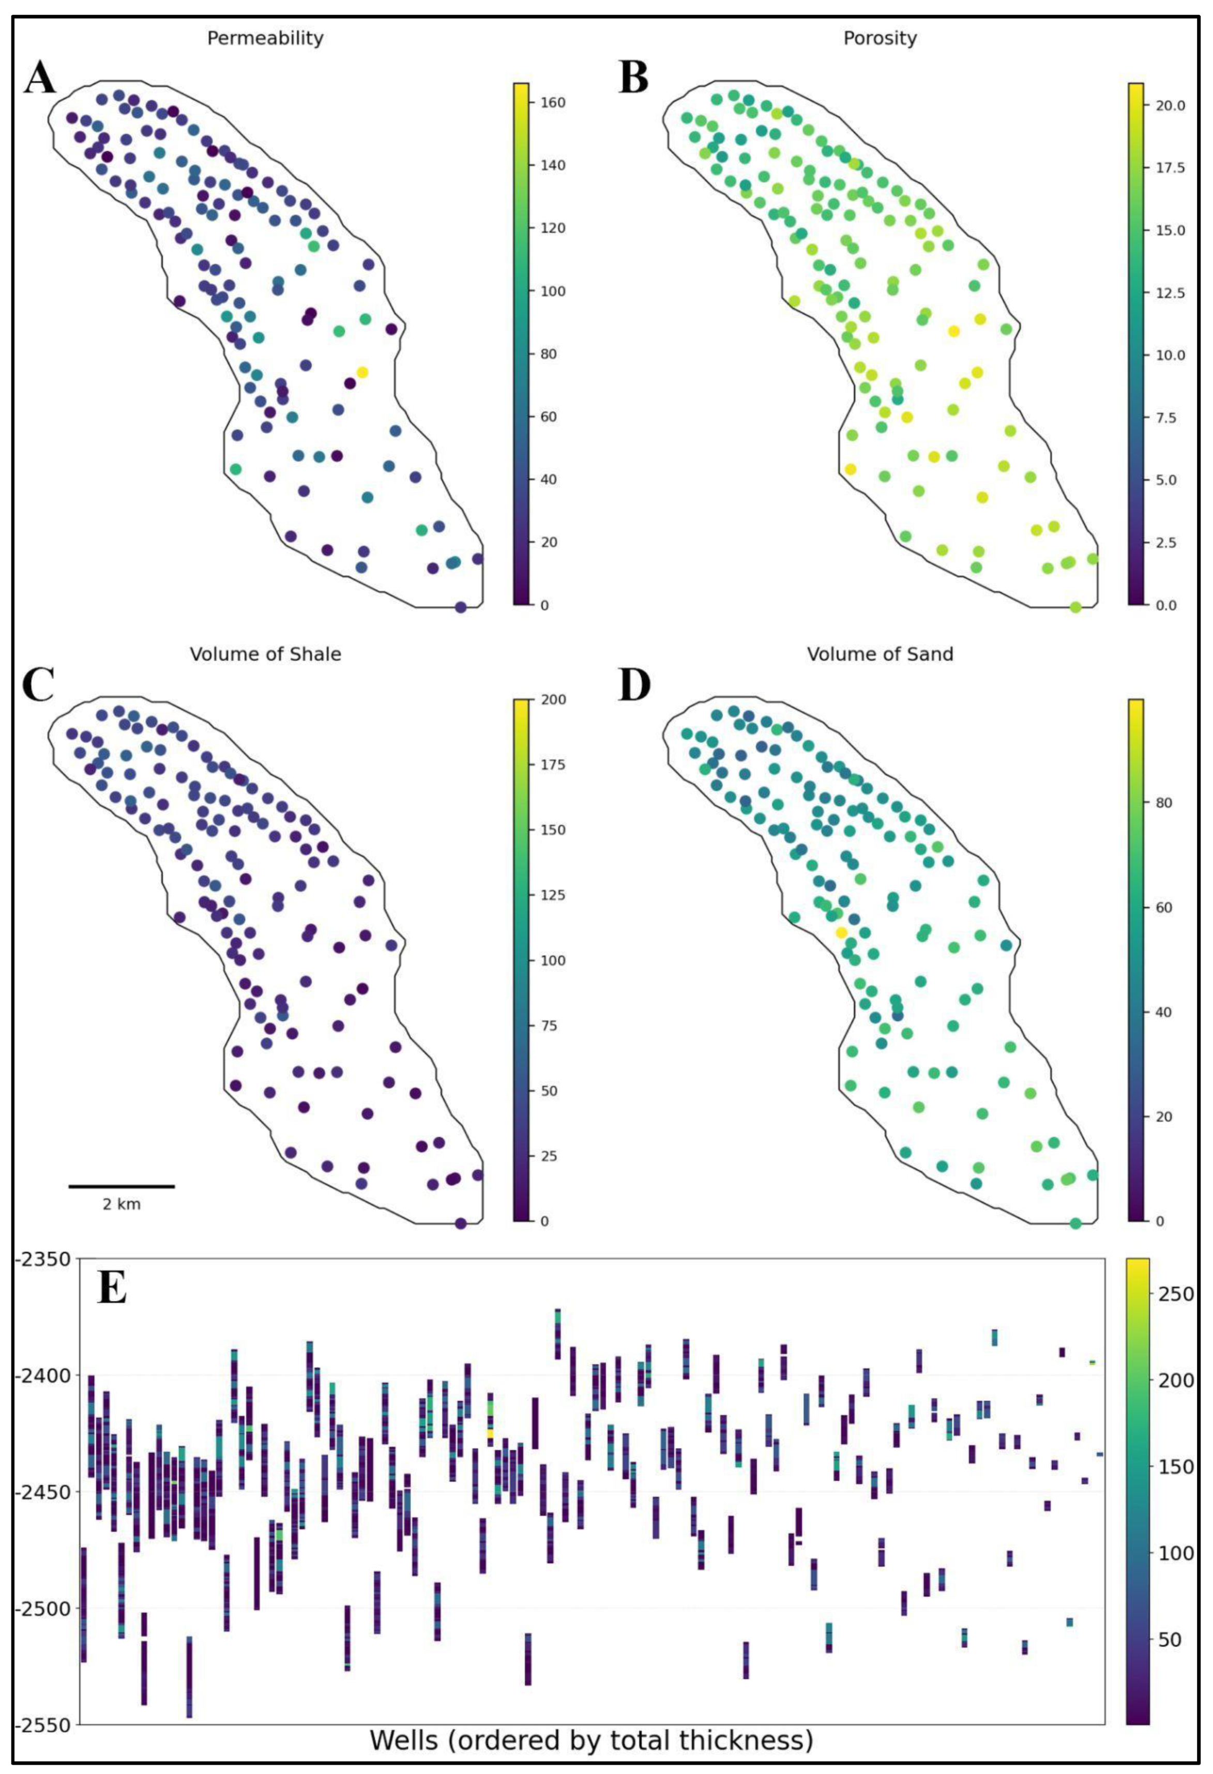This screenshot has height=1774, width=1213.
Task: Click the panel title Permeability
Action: point(265,38)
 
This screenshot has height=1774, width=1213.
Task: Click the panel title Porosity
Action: point(880,38)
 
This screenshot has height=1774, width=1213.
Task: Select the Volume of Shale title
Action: point(265,654)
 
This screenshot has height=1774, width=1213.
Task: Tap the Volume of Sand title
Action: point(880,654)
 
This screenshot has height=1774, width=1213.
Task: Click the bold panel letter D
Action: point(634,685)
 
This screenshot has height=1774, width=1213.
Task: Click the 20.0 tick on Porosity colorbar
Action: point(1170,106)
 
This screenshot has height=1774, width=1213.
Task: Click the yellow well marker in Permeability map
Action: point(362,373)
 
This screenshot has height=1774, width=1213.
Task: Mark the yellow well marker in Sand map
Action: point(841,933)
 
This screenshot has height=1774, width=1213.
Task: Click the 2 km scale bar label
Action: point(122,1204)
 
